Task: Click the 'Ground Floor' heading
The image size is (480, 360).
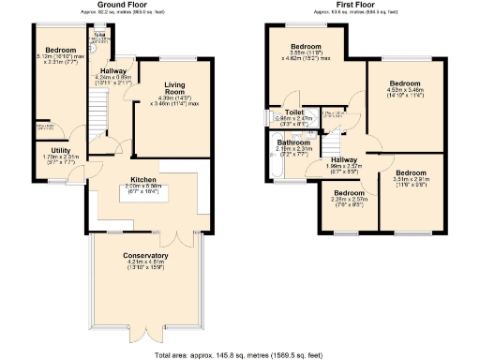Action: [x=105, y=4]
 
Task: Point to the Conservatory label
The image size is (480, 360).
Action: [x=145, y=255]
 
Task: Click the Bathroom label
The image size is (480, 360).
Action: [x=292, y=142]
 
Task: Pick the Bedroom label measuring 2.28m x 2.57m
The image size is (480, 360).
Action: [x=348, y=192]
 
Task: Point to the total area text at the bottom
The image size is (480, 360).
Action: [x=239, y=354]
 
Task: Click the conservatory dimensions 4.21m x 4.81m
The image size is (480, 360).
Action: [x=145, y=266]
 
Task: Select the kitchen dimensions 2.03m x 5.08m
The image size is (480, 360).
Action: [x=143, y=187]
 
